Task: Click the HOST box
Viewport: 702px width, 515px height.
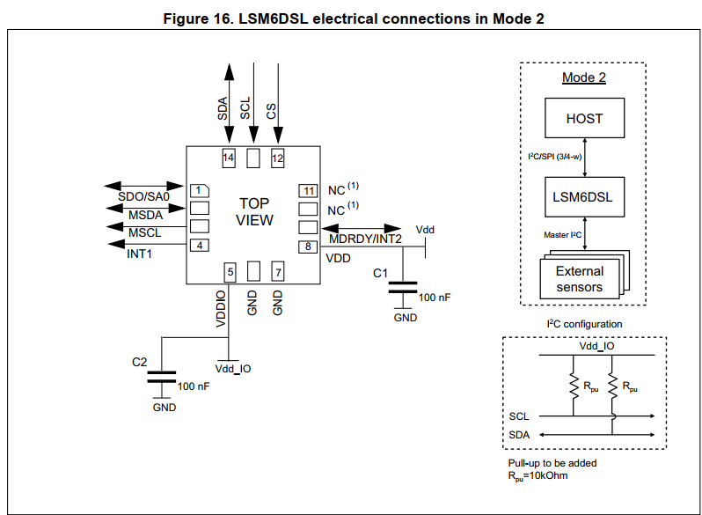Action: coord(584,118)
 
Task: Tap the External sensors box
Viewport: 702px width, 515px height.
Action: coord(579,279)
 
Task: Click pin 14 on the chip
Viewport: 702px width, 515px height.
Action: coord(229,158)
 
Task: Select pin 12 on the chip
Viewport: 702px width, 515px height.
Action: coord(277,158)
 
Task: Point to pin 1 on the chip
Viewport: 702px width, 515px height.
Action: coord(200,190)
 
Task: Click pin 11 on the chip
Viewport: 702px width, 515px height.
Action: coord(308,190)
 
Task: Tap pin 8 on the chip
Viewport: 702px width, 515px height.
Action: coord(308,246)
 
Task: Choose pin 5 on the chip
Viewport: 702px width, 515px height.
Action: coord(230,272)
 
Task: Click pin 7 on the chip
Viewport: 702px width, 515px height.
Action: coord(277,272)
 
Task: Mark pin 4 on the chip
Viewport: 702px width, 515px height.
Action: coord(200,246)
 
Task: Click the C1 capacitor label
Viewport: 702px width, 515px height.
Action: coord(380,274)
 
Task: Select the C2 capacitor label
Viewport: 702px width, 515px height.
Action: coord(139,362)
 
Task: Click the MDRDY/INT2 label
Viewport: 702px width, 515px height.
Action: coord(365,239)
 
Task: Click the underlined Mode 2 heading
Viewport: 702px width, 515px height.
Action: coord(584,77)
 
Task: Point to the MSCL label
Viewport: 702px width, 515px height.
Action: coord(144,232)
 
